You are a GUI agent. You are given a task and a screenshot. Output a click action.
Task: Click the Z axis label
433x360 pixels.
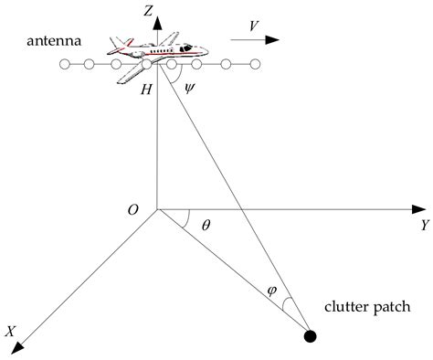(x=148, y=11)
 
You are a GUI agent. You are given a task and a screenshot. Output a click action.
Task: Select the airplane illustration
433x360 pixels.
(x=153, y=56)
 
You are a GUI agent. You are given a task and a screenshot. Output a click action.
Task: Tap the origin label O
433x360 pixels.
(x=134, y=210)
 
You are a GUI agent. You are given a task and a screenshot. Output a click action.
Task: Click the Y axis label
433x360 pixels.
(x=425, y=224)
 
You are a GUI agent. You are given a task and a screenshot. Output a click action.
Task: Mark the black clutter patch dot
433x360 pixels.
(x=310, y=337)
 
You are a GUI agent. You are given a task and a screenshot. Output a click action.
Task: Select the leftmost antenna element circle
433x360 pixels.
(x=65, y=64)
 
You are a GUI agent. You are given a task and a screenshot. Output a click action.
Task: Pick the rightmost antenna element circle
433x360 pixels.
(x=256, y=64)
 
